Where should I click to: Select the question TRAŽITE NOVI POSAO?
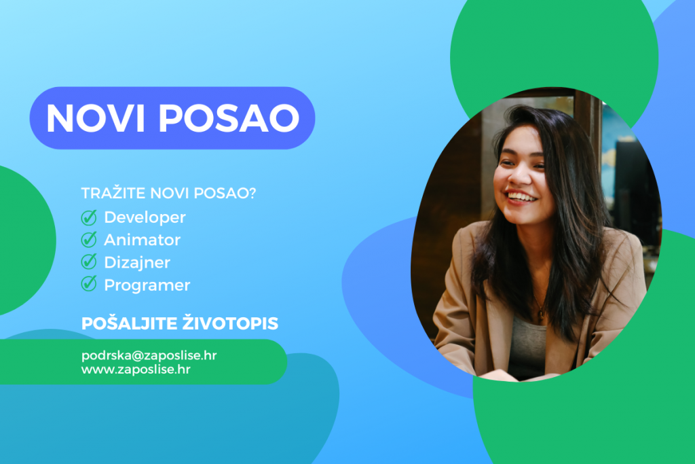click(x=168, y=193)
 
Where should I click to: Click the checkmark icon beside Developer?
click(x=89, y=217)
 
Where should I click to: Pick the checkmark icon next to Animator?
click(x=89, y=240)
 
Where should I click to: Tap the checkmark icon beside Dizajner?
click(x=89, y=262)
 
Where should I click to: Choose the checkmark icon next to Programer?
click(x=89, y=285)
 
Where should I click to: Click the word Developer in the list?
click(x=145, y=217)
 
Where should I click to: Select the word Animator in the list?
click(x=142, y=240)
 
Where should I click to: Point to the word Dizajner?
click(x=137, y=262)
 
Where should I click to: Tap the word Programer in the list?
click(x=147, y=285)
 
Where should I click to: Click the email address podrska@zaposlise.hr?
click(x=149, y=355)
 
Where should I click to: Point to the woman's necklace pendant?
click(x=540, y=315)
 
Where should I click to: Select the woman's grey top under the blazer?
click(x=527, y=346)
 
